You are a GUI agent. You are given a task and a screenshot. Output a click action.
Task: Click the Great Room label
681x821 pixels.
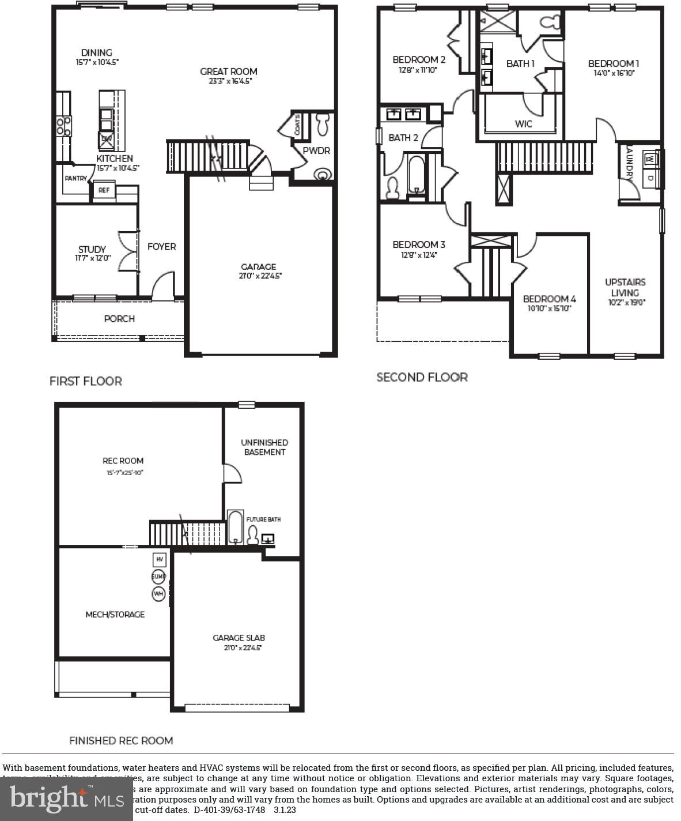(x=229, y=71)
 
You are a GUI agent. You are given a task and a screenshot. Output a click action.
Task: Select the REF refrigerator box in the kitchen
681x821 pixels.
(x=104, y=190)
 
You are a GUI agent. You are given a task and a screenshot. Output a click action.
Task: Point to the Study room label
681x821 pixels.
(x=92, y=249)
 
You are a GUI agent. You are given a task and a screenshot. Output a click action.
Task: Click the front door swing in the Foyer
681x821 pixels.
(x=164, y=286)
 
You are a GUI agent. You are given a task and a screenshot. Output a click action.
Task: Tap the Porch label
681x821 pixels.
(x=119, y=319)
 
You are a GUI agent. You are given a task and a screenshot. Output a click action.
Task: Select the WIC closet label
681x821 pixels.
(x=523, y=124)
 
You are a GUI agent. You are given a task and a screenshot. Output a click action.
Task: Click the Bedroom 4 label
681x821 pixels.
(x=549, y=299)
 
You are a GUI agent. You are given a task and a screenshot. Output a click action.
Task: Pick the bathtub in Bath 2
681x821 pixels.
(x=415, y=173)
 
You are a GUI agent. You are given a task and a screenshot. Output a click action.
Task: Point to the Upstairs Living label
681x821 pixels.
(x=625, y=287)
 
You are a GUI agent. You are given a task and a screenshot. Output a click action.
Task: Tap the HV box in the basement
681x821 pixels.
(x=159, y=559)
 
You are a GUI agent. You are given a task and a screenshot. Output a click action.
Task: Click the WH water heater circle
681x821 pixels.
(x=158, y=593)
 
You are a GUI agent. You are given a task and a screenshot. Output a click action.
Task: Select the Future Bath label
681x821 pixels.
(x=263, y=519)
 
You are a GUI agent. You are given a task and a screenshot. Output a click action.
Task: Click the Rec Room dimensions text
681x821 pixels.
(x=124, y=473)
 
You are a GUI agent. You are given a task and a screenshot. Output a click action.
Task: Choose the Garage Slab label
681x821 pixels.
(x=239, y=638)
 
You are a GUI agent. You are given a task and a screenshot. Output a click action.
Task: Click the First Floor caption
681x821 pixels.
(x=85, y=381)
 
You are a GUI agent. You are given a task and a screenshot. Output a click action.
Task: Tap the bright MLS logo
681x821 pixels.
(x=67, y=799)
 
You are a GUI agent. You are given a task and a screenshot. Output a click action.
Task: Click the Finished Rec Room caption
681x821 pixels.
(x=121, y=741)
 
